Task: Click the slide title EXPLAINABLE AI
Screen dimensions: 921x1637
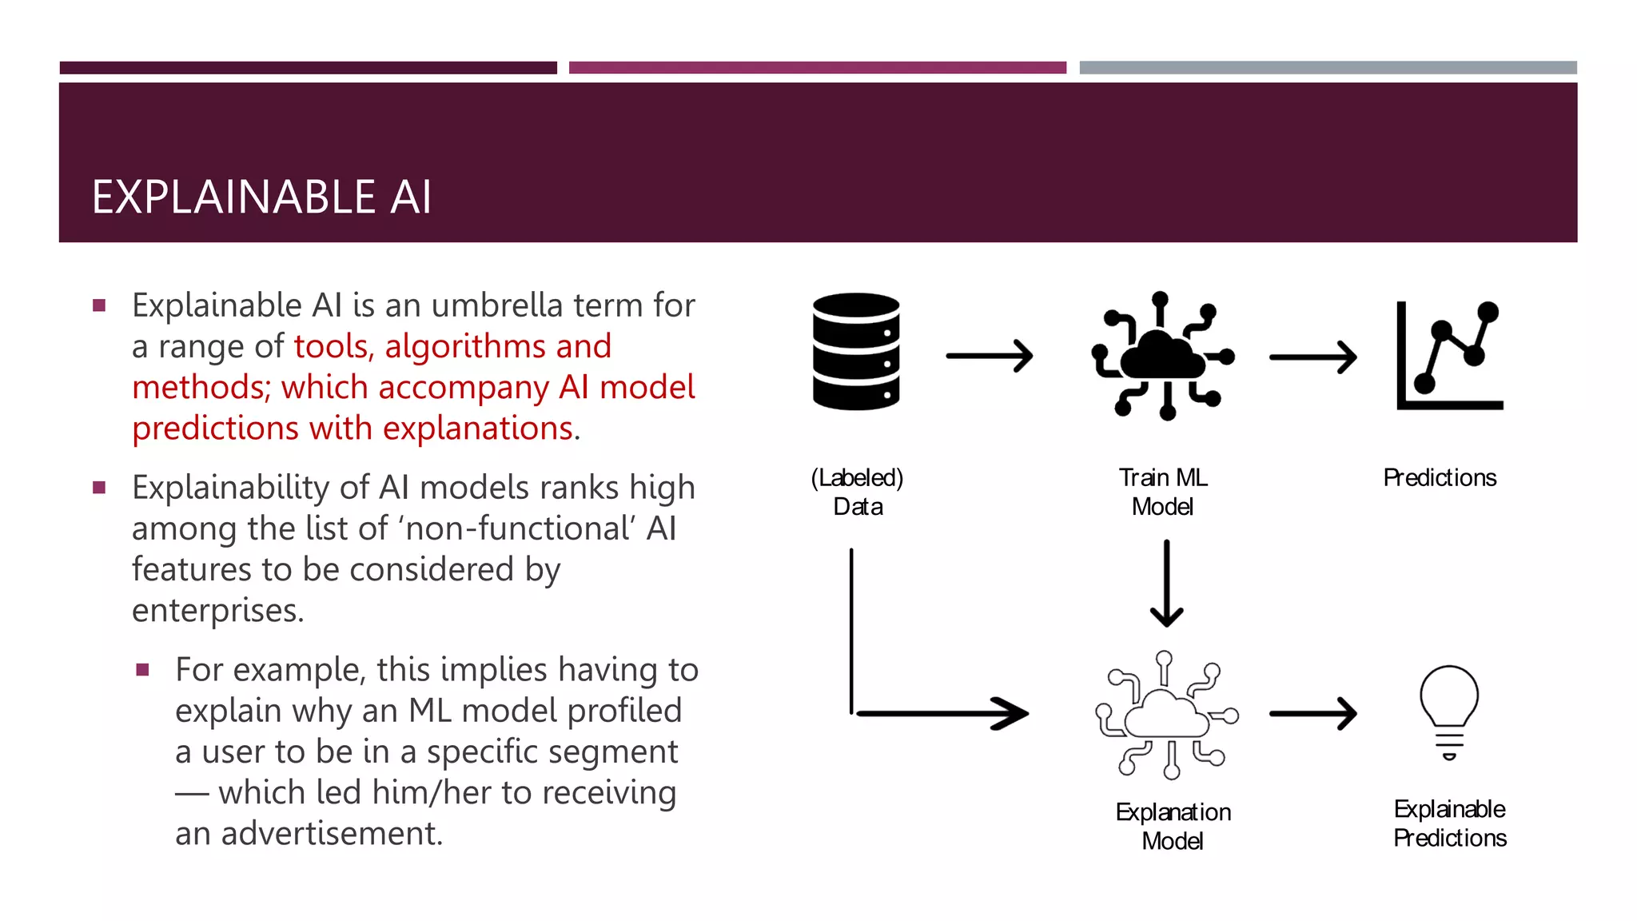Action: tap(261, 197)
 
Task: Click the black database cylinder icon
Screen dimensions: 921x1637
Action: tap(856, 352)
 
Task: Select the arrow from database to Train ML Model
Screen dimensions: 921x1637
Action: tap(990, 356)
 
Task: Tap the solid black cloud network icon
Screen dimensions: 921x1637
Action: tap(1164, 357)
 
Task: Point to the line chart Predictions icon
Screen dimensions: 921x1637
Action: tap(1449, 356)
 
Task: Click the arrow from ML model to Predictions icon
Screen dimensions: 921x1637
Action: tap(1312, 357)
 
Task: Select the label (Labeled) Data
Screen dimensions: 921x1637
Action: tap(858, 492)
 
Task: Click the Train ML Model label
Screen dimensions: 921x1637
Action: tap(1163, 492)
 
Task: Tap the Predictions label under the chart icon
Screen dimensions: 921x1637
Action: tap(1440, 477)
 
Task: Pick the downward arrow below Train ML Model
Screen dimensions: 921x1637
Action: tap(1167, 584)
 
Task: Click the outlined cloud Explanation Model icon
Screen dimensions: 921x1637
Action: tap(1167, 716)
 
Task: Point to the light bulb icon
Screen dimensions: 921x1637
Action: tap(1449, 712)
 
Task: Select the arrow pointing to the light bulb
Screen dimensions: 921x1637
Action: tap(1312, 714)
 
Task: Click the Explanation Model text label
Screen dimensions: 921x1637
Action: tap(1173, 826)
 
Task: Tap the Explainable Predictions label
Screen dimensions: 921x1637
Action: tap(1449, 823)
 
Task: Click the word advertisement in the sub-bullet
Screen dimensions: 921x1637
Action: tap(332, 833)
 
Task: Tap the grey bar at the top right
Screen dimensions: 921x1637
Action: tap(1328, 68)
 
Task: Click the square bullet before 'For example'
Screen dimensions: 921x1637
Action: tap(143, 670)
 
